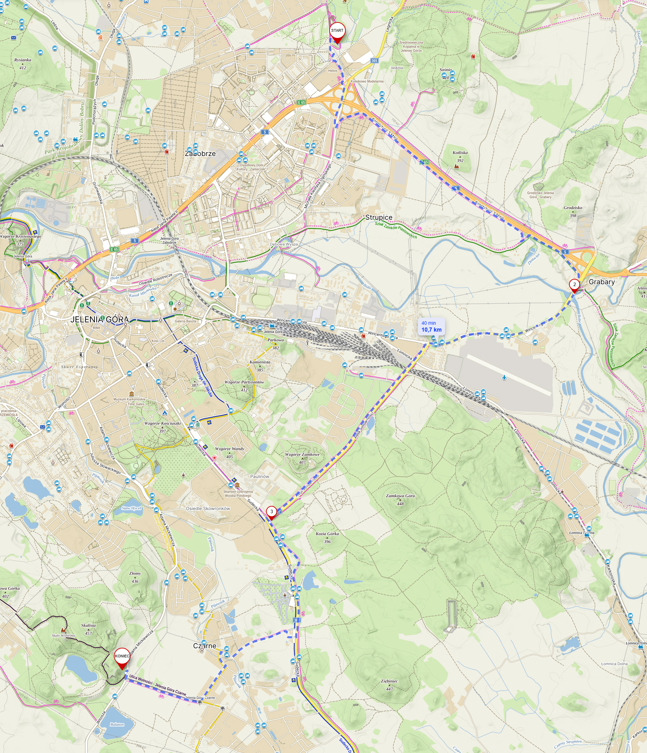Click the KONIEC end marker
tap(122, 656)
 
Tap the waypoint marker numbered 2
tap(574, 285)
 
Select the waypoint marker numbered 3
tap(271, 512)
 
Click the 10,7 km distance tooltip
tap(431, 327)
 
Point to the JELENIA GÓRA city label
tap(99, 320)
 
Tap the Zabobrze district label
tap(200, 154)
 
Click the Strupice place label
tap(379, 217)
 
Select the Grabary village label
tap(601, 282)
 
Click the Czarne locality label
tap(205, 646)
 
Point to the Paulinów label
tap(259, 477)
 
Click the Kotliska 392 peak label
tap(460, 156)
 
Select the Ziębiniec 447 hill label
tap(389, 685)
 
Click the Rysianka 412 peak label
tap(22, 63)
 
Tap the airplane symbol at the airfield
tap(504, 378)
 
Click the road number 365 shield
tap(374, 61)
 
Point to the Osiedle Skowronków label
tap(208, 508)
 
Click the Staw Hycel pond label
tap(131, 508)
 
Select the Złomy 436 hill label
tap(135, 577)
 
